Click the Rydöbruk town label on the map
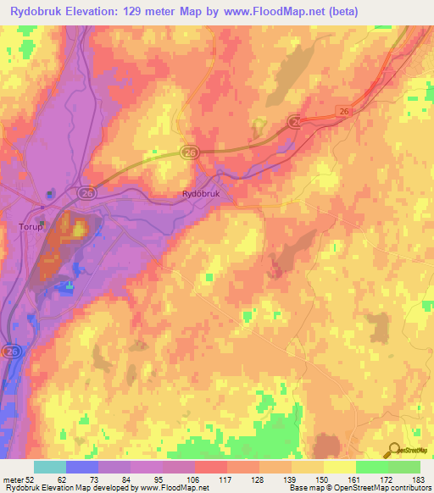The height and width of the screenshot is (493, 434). point(200,194)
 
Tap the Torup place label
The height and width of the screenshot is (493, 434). point(31,227)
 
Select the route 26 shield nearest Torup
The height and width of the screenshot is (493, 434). point(86,192)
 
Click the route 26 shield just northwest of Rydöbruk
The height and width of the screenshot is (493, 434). point(189,152)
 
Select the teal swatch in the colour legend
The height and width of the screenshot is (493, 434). point(50,467)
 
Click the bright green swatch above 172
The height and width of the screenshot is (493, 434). point(372,467)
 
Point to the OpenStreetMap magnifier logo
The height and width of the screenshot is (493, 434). point(392,451)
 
